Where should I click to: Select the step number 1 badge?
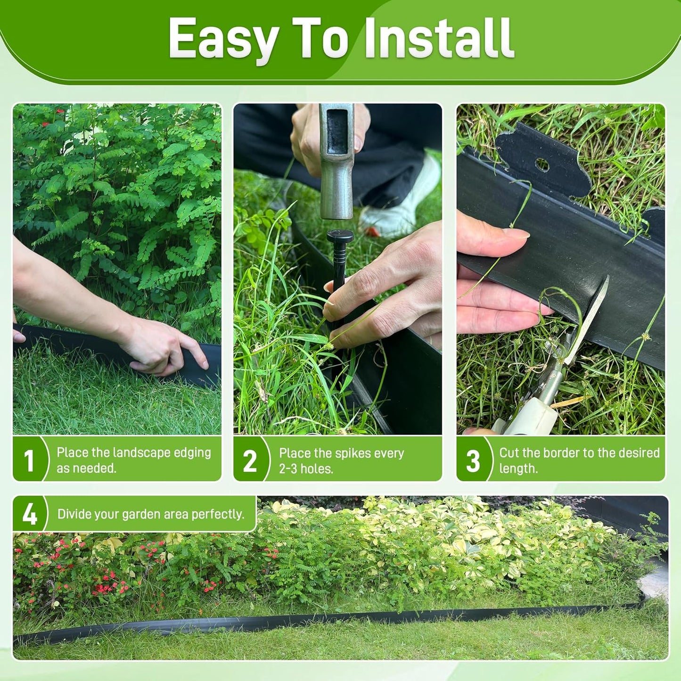(29, 460)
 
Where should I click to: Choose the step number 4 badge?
(29, 514)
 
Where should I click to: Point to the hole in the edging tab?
(542, 164)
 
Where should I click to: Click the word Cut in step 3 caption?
(509, 453)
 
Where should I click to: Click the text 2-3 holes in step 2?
(306, 469)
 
